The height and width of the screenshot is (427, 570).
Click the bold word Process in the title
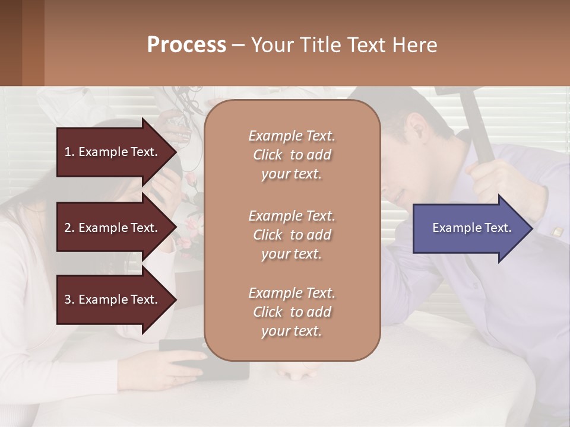point(186,44)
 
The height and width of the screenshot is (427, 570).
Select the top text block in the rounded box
point(292,155)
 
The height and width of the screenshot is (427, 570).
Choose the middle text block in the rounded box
point(292,235)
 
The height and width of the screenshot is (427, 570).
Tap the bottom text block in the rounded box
point(292,312)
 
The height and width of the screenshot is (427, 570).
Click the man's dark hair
point(416,110)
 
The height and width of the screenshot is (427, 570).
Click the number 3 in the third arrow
point(67,299)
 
